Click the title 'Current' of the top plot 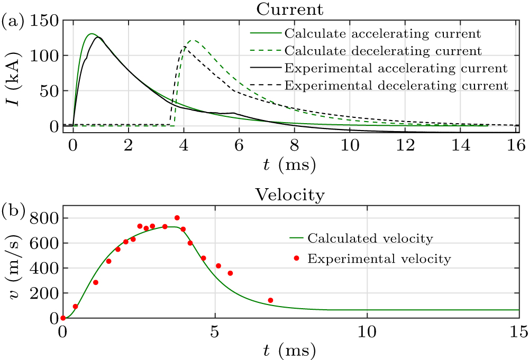(x=290, y=9)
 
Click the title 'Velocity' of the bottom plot (x=290, y=195)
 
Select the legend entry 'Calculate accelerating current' (x=382, y=34)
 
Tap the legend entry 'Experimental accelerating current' (x=396, y=68)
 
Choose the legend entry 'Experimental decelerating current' (x=396, y=85)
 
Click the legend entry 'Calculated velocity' (x=370, y=238)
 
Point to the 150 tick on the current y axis (x=47, y=22)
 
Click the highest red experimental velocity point (x=177, y=218)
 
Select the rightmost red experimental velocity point (x=270, y=300)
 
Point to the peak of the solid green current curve (x=92, y=34)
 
